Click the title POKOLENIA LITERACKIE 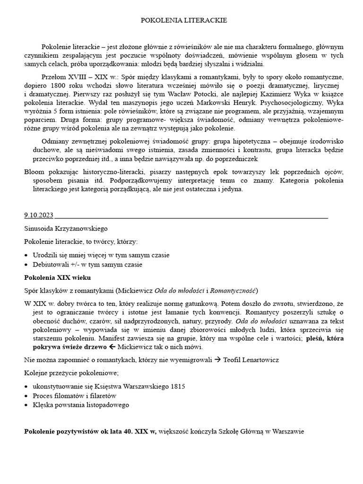184,20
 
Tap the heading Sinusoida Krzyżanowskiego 66,228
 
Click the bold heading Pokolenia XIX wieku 57,277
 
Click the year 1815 178,386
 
